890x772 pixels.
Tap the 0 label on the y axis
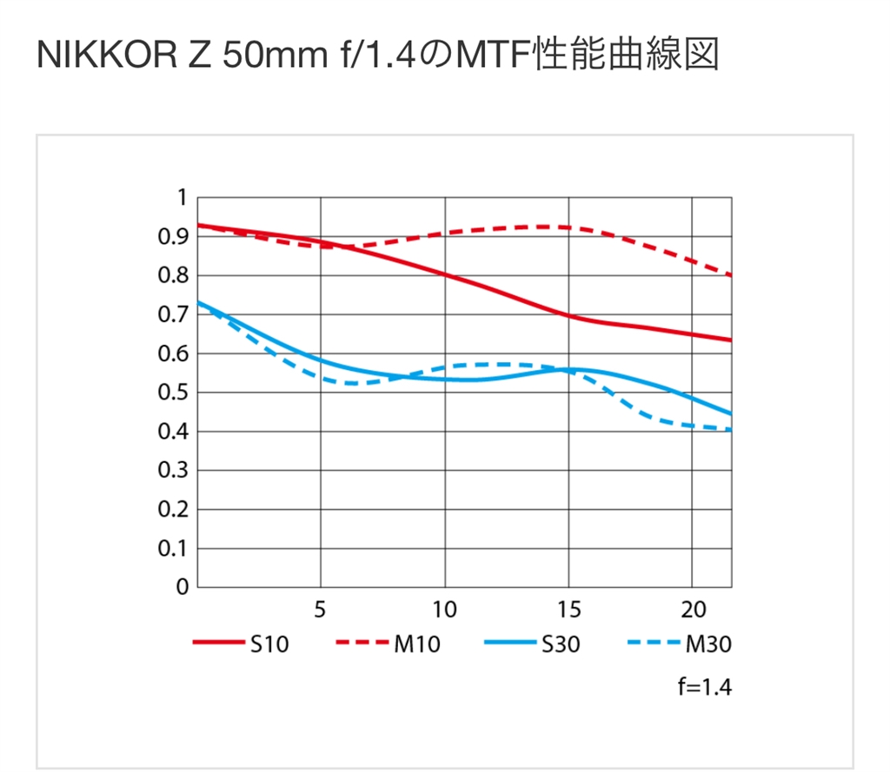click(x=182, y=587)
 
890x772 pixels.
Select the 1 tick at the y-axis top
click(x=182, y=198)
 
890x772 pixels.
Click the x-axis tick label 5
click(x=321, y=610)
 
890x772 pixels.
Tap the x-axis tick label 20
click(x=692, y=610)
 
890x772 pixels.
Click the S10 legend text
click(x=269, y=644)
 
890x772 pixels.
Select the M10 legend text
click(x=418, y=644)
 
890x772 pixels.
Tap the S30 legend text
click(x=560, y=644)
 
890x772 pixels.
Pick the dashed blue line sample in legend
click(x=652, y=644)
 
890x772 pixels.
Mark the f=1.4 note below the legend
click(x=705, y=689)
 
